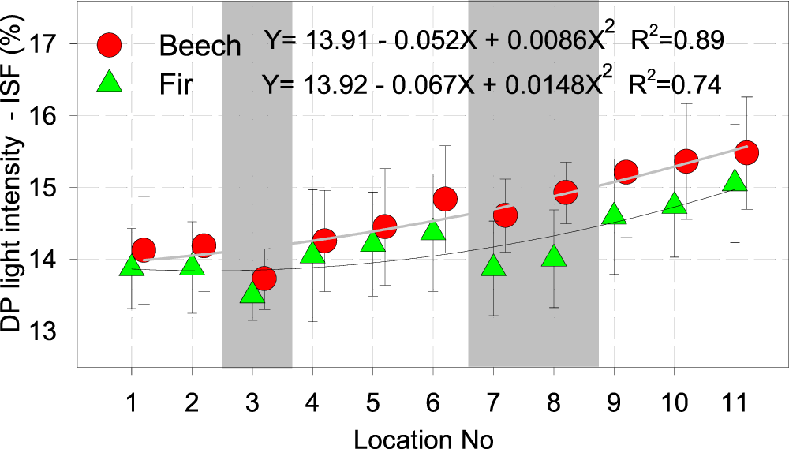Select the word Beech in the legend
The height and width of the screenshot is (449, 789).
click(200, 46)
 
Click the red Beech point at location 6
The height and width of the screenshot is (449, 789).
click(445, 199)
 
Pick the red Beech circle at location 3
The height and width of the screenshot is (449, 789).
click(264, 278)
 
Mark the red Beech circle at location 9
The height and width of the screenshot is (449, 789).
click(626, 171)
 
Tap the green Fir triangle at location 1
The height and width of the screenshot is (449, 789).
click(132, 267)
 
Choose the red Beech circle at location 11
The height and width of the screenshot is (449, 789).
click(746, 152)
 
